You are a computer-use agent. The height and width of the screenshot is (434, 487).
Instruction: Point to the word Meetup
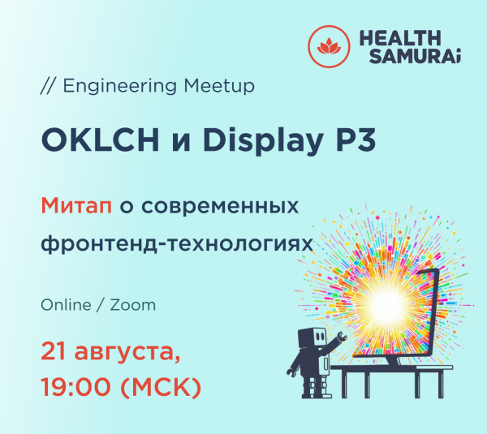(x=218, y=84)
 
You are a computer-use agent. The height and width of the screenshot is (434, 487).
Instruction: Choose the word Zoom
(x=132, y=306)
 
